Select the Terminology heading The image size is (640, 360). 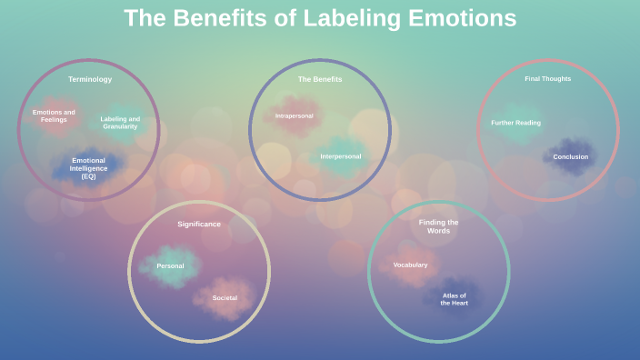pos(90,79)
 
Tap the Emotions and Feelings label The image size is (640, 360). pos(54,116)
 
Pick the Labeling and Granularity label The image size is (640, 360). pos(120,123)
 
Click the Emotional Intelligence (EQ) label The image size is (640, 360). pos(88,168)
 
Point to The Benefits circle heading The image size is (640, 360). pos(320,79)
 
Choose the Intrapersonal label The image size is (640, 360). pos(294,115)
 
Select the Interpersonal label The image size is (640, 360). pos(340,156)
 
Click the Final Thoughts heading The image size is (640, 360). pos(547,78)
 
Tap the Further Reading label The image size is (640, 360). pos(515,123)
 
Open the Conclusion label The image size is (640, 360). pos(570,156)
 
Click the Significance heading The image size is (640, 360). pos(198,224)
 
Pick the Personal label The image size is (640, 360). pos(170,265)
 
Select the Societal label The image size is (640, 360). pos(225,298)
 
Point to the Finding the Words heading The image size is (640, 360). pos(438,226)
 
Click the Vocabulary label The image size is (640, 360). pos(410,265)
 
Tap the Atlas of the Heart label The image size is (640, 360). pos(454,299)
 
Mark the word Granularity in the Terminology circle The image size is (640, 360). pos(120,126)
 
